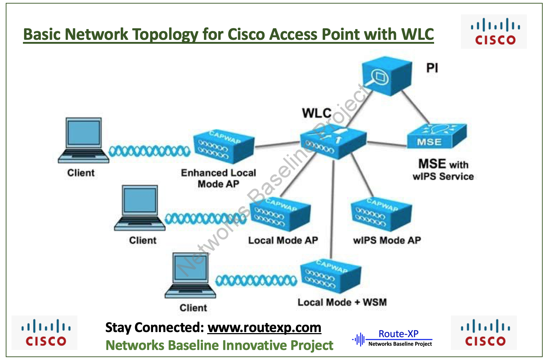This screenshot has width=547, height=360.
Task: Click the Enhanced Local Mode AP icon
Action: tap(223, 148)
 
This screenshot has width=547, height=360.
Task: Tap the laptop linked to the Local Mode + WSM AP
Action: tap(190, 275)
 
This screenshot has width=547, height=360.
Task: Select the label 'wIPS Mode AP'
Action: tap(387, 240)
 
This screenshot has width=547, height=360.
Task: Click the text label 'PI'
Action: tap(432, 68)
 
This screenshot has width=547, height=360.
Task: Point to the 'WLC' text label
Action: tap(317, 113)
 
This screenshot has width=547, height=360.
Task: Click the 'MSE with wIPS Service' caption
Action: tap(443, 170)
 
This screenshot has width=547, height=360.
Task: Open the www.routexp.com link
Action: tap(264, 328)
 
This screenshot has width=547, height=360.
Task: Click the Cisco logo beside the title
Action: tap(494, 32)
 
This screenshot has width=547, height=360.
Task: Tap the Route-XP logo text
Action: tap(398, 334)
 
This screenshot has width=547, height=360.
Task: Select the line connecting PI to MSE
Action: tap(415, 107)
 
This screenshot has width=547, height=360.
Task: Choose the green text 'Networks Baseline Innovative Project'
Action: tap(219, 345)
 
